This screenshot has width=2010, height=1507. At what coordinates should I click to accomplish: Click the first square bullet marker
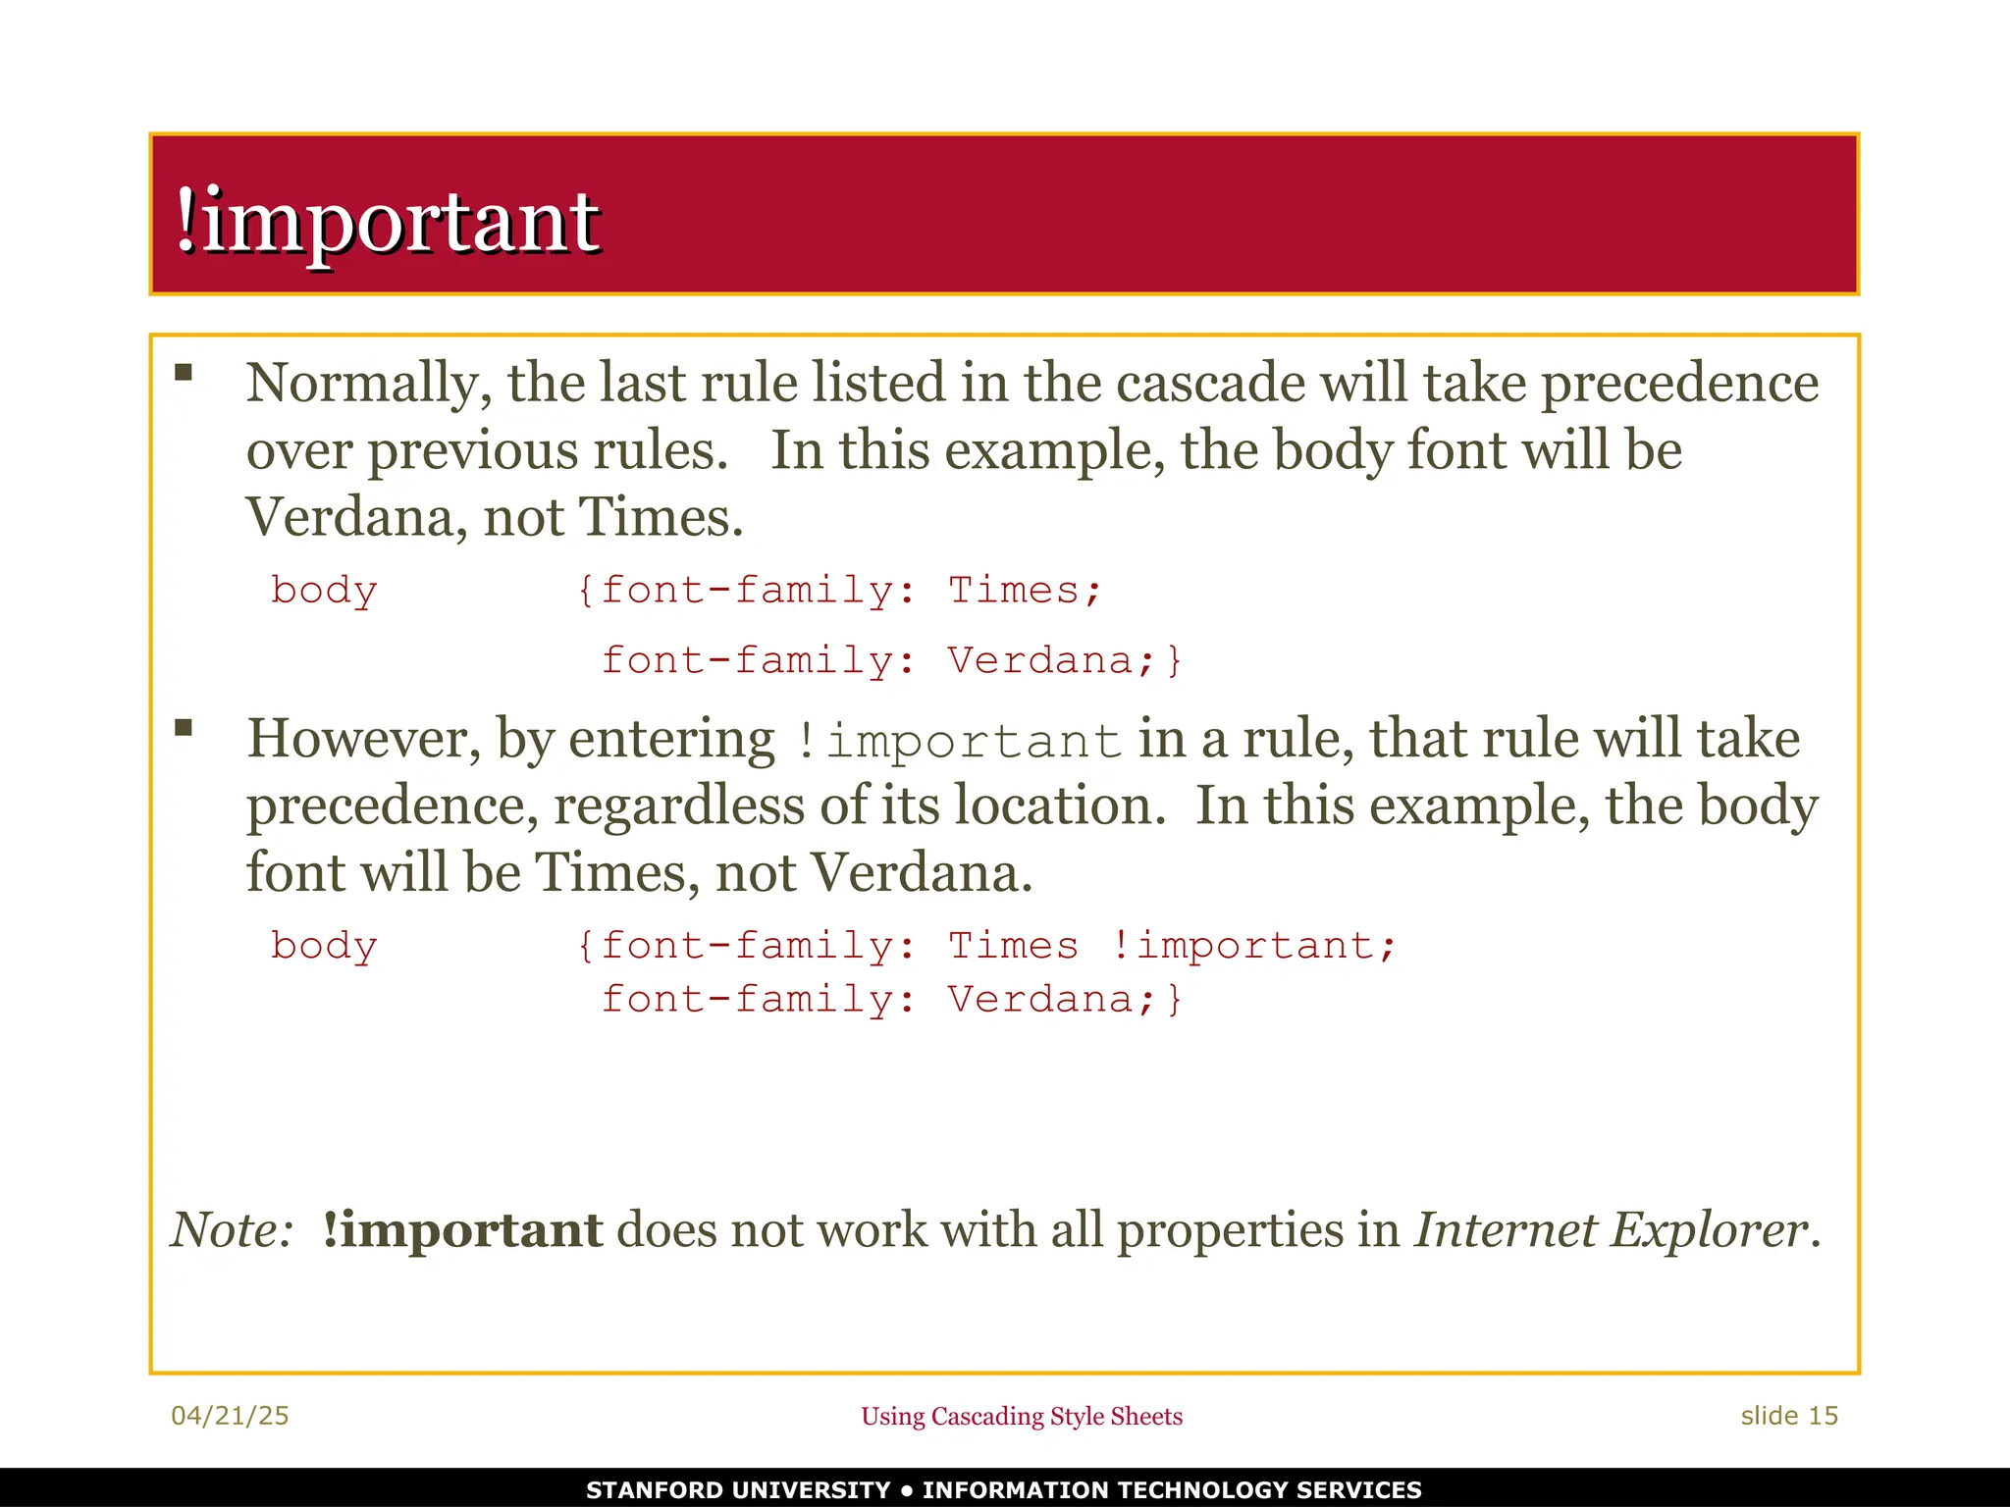coord(184,373)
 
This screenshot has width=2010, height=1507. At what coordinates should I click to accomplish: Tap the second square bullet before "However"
coord(184,728)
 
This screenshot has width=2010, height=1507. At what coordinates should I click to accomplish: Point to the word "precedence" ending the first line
coord(1679,384)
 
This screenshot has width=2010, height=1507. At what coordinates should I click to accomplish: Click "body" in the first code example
coord(324,592)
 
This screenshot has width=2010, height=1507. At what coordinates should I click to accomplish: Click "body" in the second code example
coord(324,947)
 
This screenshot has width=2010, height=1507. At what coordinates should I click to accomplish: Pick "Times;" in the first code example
coord(1025,591)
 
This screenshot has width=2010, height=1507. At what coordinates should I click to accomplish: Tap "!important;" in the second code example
coord(1253,947)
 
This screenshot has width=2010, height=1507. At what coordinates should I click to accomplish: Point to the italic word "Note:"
coord(233,1230)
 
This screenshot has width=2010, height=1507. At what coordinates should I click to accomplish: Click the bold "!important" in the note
coord(462,1230)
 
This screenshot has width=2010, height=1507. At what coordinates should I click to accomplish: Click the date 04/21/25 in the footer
coord(230,1416)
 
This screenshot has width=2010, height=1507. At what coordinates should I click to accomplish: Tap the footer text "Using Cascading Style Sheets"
coord(1022,1417)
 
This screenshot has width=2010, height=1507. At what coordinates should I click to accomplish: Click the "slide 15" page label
coord(1789,1416)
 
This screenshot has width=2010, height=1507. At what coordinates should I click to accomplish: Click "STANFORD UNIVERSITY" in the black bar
coord(738,1490)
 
